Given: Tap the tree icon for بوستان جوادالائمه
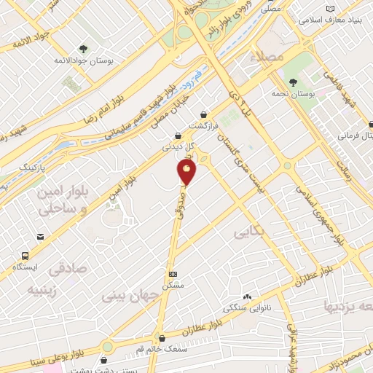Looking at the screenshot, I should (x=85, y=49).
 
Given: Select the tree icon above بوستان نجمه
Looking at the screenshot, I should (x=292, y=82).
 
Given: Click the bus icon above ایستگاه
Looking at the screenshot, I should (x=25, y=256).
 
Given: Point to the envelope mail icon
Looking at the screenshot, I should (x=39, y=237).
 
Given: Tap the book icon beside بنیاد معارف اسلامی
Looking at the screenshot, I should (x=332, y=8).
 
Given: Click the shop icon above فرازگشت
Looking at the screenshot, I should (x=203, y=114).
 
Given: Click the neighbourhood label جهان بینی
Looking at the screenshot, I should (x=125, y=296).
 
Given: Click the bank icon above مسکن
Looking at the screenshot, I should (x=172, y=274).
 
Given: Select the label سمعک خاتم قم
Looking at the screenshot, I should (x=162, y=348).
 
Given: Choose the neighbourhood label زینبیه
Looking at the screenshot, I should (x=42, y=291).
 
